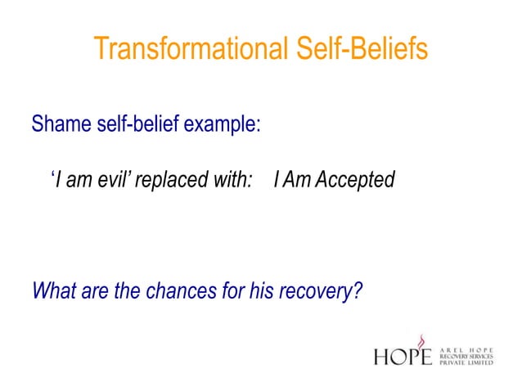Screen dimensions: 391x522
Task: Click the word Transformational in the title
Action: click(188, 48)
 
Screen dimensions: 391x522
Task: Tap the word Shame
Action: click(56, 126)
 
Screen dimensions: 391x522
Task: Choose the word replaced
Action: click(170, 179)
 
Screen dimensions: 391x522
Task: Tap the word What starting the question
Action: click(53, 290)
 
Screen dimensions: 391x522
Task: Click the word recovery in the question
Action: click(317, 291)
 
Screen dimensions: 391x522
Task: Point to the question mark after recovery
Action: click(358, 290)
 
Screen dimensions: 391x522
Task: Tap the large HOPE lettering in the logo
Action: click(403, 357)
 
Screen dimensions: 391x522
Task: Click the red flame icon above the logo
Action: click(422, 339)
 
